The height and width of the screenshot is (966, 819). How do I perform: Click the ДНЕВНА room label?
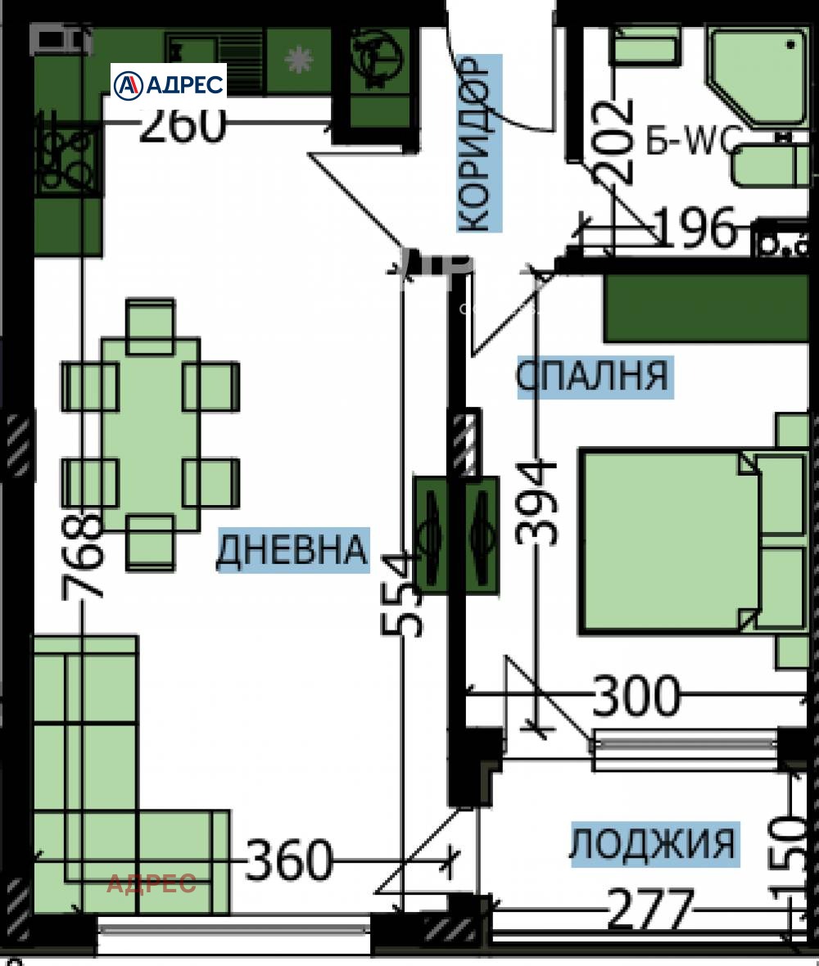tap(291, 550)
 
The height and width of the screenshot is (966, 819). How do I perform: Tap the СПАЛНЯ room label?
tap(593, 377)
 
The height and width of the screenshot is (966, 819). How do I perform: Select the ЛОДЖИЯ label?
tap(654, 844)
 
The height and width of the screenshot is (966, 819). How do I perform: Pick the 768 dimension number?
tap(84, 557)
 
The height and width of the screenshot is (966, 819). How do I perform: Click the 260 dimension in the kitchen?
tap(182, 125)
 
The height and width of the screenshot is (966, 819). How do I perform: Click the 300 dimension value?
tap(636, 696)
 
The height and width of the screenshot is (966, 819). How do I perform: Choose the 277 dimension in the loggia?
tap(649, 910)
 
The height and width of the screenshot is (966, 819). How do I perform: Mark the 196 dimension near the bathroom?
tap(696, 228)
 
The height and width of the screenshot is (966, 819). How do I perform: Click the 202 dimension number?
tap(616, 141)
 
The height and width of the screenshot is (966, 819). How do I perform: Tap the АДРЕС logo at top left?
tap(169, 84)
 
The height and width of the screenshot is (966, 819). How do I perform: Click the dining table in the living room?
tap(150, 434)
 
